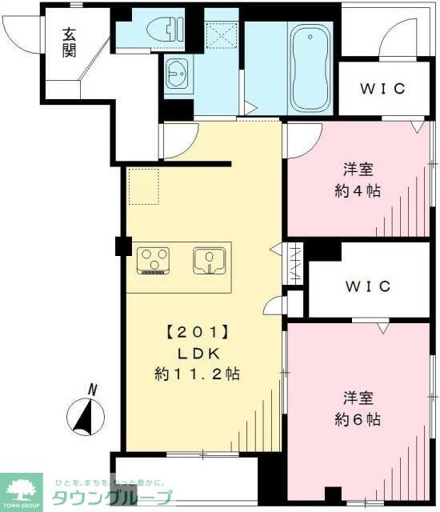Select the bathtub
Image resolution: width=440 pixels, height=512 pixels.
[x=311, y=68]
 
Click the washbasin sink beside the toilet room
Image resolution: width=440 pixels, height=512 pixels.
[x=178, y=77]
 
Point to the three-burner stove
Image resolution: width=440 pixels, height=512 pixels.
[x=155, y=259]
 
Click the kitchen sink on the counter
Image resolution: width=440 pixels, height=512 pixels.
[x=209, y=260]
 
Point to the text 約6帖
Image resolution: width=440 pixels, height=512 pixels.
[x=357, y=418]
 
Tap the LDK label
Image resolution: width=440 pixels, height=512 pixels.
[x=192, y=353]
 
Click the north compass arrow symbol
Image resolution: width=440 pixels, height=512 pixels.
[x=87, y=415]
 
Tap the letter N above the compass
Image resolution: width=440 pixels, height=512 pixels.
[x=93, y=390]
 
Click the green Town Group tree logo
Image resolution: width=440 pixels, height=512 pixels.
[x=24, y=487]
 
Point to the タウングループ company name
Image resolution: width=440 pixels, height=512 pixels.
[x=111, y=498]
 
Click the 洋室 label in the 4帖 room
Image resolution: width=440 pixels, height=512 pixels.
[x=358, y=170]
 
